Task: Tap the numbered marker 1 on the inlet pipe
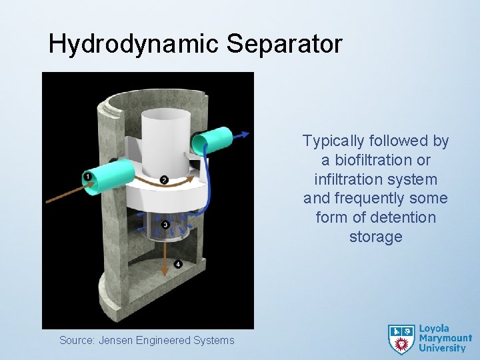(x=87, y=176)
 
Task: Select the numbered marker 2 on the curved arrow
(x=164, y=180)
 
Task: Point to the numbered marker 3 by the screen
(x=165, y=225)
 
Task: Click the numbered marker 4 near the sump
(x=178, y=265)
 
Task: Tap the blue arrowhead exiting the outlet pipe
(x=246, y=134)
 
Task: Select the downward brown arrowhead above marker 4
(x=165, y=271)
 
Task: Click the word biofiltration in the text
(x=383, y=160)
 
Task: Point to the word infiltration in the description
(x=346, y=179)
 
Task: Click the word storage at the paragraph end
(x=375, y=237)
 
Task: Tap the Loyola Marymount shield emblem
(x=401, y=339)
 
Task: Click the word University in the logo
(x=442, y=348)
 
